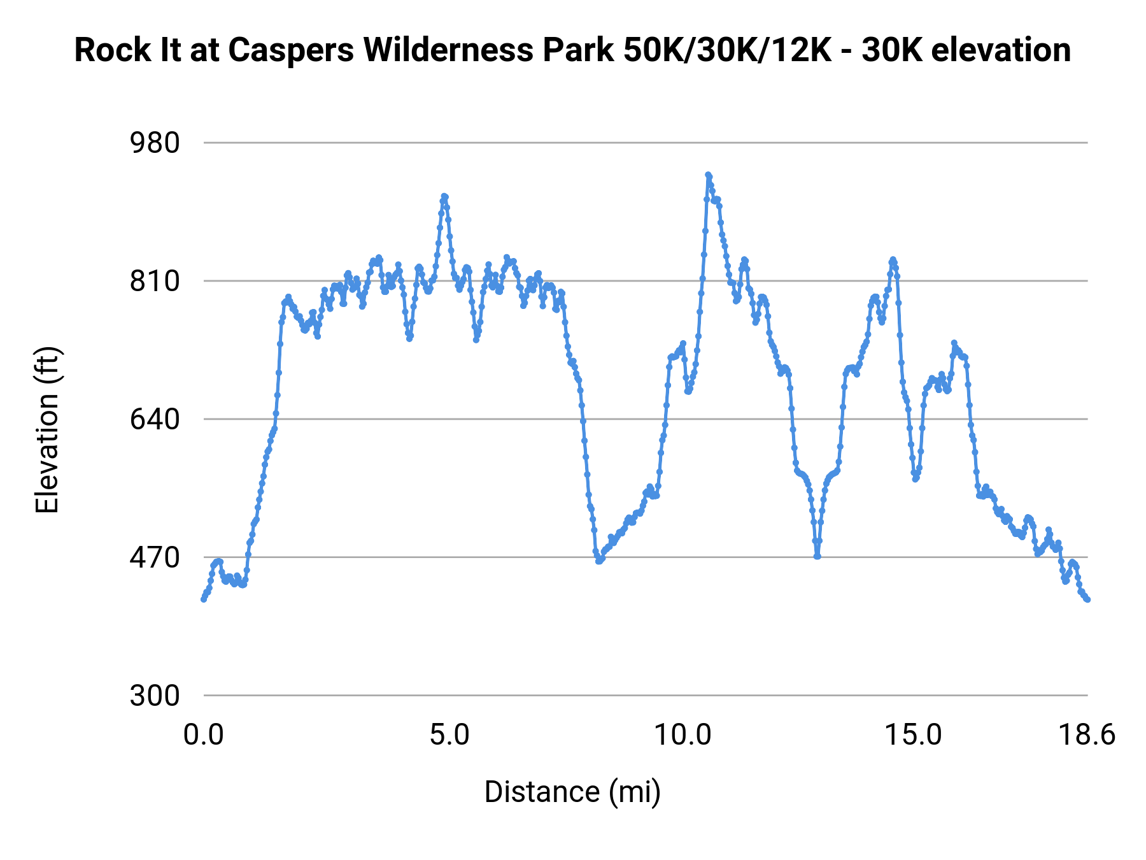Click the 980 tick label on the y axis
155,143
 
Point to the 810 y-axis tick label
155,281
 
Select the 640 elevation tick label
155,419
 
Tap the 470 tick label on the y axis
155,557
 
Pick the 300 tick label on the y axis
155,696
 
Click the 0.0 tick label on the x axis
204,735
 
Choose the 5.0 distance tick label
449,735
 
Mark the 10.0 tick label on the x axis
683,735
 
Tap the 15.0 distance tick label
913,735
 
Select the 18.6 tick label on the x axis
1087,735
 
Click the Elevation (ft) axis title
47,430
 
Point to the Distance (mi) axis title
572,792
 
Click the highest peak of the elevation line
708,175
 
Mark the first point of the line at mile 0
204,599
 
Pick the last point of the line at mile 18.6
1088,599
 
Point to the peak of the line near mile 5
444,196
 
